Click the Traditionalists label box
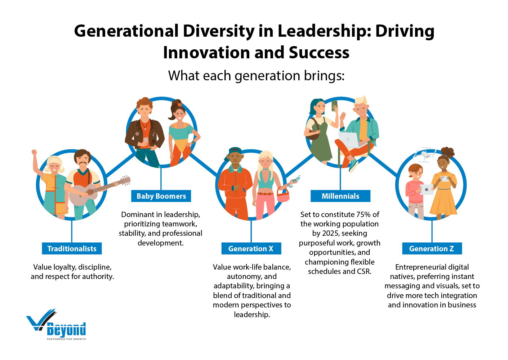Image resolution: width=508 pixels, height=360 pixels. click(x=72, y=249)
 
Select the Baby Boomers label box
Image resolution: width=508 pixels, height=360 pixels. click(x=161, y=196)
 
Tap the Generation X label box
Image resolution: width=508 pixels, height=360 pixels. click(x=251, y=249)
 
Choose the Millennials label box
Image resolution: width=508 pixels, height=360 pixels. click(x=340, y=196)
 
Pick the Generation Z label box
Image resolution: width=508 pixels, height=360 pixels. click(x=432, y=249)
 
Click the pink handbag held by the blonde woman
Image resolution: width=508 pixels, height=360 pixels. click(x=283, y=196)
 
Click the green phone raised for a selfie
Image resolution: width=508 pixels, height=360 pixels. click(x=334, y=105)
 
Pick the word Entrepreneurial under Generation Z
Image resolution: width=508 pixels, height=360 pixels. click(x=432, y=267)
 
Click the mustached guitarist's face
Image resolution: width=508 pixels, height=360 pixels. click(x=83, y=161)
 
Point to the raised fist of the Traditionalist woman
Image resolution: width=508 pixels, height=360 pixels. click(x=34, y=153)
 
